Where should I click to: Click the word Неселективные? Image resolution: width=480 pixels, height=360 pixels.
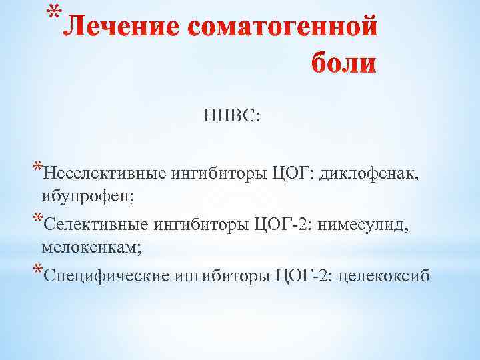[x=105, y=175]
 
